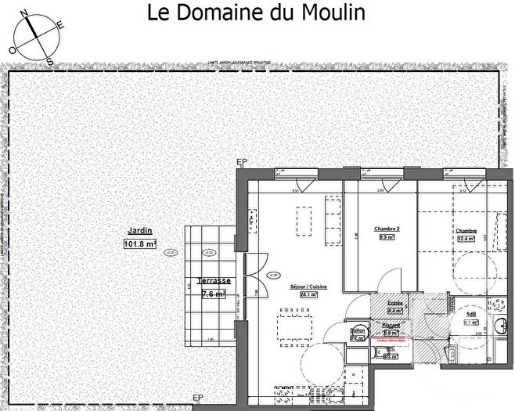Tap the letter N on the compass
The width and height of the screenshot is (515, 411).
coord(24,14)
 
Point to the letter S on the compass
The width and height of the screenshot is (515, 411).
coord(48,60)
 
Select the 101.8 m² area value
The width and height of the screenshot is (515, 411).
coord(140,243)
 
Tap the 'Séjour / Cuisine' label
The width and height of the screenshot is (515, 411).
coord(308,287)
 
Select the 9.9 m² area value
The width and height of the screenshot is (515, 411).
coord(386,237)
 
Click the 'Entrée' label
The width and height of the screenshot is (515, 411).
coord(394,301)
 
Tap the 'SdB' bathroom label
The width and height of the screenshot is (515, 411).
coord(471,312)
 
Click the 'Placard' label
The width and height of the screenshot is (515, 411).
coord(391,325)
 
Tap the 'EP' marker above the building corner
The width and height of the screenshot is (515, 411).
coord(241,162)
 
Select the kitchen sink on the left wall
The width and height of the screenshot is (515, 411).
coord(252,224)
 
